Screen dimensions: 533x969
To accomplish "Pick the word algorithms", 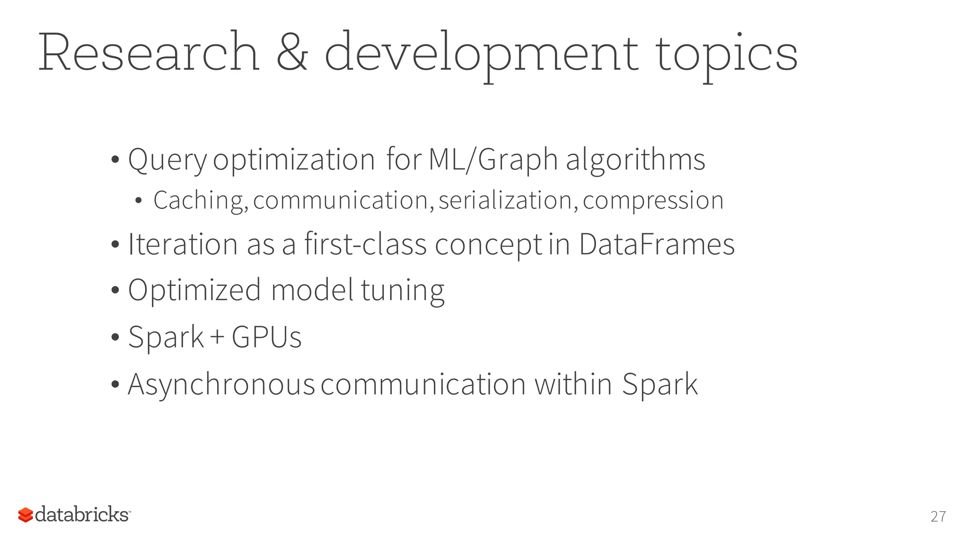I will [635, 160].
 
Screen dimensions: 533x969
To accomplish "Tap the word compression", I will [653, 200].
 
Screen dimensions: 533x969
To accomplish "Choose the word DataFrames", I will [657, 244].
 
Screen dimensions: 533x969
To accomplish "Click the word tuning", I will [403, 290].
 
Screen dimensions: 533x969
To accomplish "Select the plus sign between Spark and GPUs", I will [217, 337].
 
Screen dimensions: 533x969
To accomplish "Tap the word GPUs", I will [266, 337].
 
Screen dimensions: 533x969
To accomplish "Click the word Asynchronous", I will [221, 384].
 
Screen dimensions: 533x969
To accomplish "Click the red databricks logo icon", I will [26, 515].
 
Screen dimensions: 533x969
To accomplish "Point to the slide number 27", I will [938, 516].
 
